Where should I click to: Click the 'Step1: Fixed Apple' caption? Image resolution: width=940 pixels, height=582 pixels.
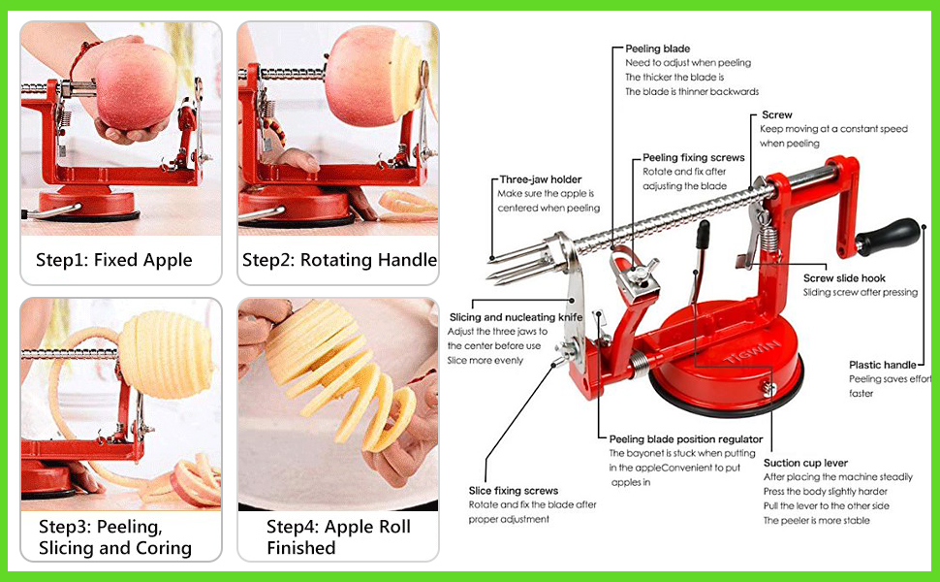click(114, 260)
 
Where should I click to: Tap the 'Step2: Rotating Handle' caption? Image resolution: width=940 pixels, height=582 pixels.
click(339, 260)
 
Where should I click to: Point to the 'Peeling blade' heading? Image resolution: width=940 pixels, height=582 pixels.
click(658, 48)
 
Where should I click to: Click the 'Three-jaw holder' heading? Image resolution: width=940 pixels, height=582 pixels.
click(541, 179)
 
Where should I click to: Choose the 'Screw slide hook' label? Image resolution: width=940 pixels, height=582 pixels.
click(845, 278)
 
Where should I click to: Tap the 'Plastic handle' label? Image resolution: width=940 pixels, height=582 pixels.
click(883, 365)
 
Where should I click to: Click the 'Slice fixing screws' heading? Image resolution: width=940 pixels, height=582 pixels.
click(513, 491)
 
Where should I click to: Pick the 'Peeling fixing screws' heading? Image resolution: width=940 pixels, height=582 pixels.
click(694, 157)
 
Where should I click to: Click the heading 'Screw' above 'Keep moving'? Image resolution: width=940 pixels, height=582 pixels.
click(776, 115)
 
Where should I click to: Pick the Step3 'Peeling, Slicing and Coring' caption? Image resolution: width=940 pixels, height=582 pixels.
click(114, 537)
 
